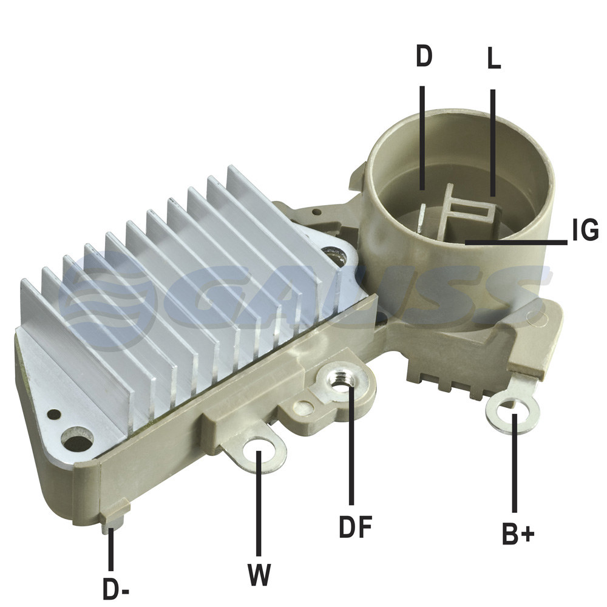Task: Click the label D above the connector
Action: [x=424, y=56]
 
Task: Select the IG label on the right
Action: [x=585, y=230]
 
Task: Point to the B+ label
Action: [x=518, y=534]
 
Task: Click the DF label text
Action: [x=355, y=526]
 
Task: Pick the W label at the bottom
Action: [x=259, y=574]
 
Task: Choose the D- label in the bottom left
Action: [x=116, y=588]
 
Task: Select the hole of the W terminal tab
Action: [x=260, y=450]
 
